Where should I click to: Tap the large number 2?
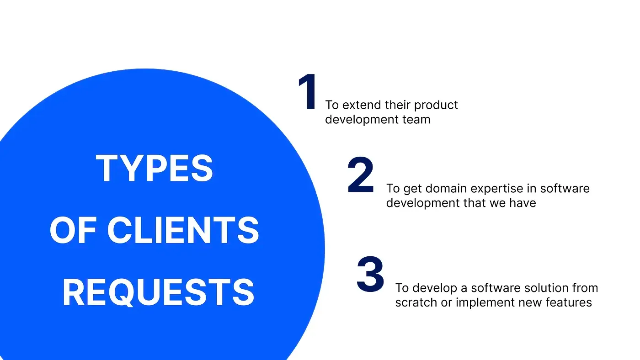[360, 175]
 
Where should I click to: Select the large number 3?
[370, 275]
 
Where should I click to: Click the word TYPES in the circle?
[155, 169]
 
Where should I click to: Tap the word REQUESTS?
[158, 292]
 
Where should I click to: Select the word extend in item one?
[361, 105]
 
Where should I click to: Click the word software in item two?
[565, 189]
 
